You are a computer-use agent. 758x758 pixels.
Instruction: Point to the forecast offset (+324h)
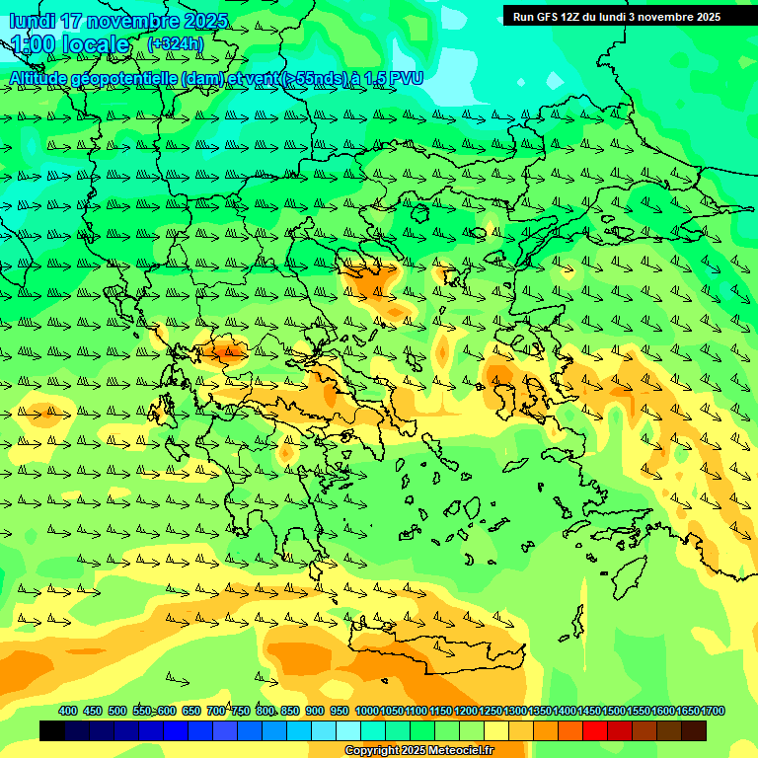click(177, 44)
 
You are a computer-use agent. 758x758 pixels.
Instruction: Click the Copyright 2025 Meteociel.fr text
click(418, 751)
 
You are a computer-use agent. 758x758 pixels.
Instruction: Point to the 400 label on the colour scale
click(68, 712)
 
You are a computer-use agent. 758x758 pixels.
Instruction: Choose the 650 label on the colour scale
click(191, 712)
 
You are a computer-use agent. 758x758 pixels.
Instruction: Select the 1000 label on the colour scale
click(366, 712)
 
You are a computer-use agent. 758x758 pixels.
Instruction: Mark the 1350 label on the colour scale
click(539, 712)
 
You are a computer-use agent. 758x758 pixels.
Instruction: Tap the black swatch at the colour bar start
click(52, 731)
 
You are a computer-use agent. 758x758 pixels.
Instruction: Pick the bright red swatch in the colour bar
click(595, 731)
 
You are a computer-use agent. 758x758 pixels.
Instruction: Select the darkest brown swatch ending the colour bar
click(694, 731)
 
